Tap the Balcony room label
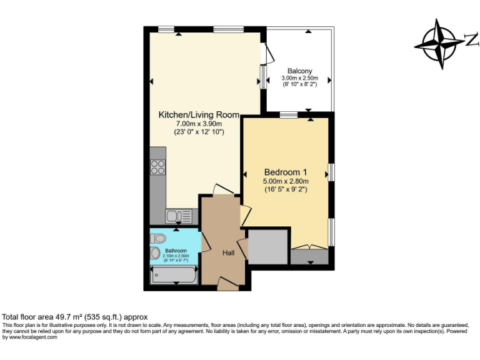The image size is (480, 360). click(x=300, y=71)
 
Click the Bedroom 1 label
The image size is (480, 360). click(x=285, y=172)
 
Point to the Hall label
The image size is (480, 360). click(x=229, y=252)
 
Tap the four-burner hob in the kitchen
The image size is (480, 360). click(x=158, y=167)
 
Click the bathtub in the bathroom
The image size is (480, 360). click(x=174, y=275)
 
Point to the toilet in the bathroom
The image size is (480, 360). click(x=159, y=237)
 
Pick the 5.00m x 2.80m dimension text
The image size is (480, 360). click(x=285, y=181)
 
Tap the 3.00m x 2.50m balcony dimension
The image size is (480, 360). click(x=300, y=78)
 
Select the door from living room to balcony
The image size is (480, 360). click(x=269, y=54)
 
